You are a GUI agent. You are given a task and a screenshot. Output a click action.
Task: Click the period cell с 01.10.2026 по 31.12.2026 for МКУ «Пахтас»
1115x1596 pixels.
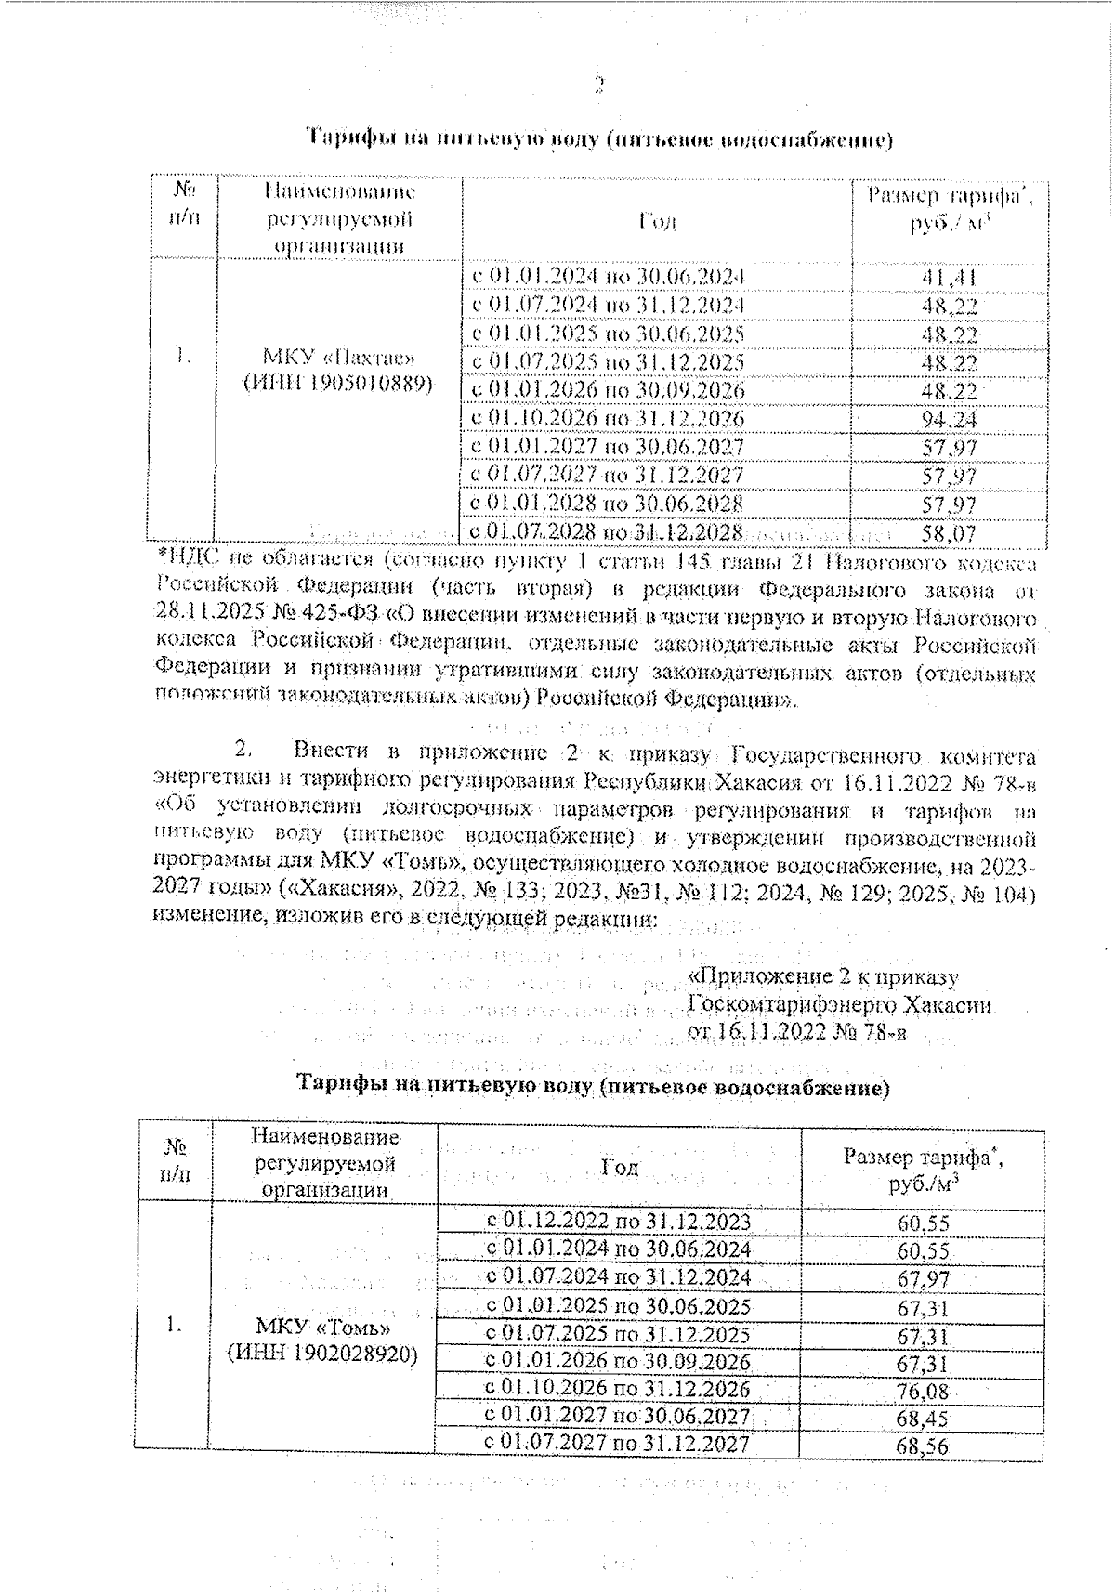tap(609, 419)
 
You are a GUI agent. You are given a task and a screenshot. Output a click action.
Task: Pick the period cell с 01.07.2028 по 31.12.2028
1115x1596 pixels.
tap(608, 532)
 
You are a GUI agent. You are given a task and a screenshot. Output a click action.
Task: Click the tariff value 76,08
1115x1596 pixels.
tap(923, 1392)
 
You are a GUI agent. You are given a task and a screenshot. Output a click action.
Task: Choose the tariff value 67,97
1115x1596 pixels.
tap(923, 1280)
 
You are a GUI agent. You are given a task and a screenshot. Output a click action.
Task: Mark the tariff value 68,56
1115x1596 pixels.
tap(923, 1447)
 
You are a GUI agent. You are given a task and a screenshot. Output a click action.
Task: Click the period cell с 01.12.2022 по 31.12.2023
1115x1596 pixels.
tap(618, 1221)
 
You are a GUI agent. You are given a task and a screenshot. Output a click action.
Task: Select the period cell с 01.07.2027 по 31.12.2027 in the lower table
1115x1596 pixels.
tap(618, 1444)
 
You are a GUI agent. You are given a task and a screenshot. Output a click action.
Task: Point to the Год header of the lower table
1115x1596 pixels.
tap(620, 1167)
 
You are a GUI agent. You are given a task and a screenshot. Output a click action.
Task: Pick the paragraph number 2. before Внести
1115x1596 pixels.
tap(244, 750)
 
